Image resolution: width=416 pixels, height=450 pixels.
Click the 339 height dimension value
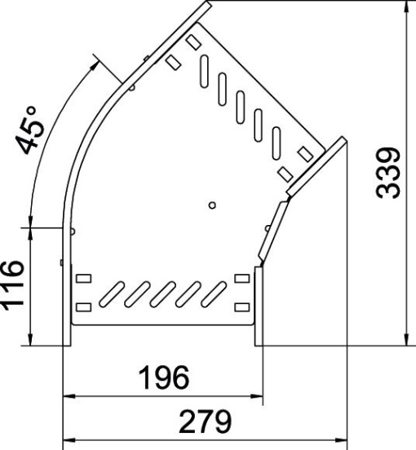(391, 173)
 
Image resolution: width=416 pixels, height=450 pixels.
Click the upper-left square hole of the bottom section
(83, 280)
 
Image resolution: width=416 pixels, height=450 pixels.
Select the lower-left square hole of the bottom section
(83, 307)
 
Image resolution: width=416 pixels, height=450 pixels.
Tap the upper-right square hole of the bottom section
(241, 280)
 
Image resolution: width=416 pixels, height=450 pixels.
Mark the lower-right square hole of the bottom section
(241, 307)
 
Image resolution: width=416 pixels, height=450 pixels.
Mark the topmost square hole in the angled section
(193, 40)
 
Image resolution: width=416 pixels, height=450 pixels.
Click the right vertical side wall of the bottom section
(258, 305)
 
